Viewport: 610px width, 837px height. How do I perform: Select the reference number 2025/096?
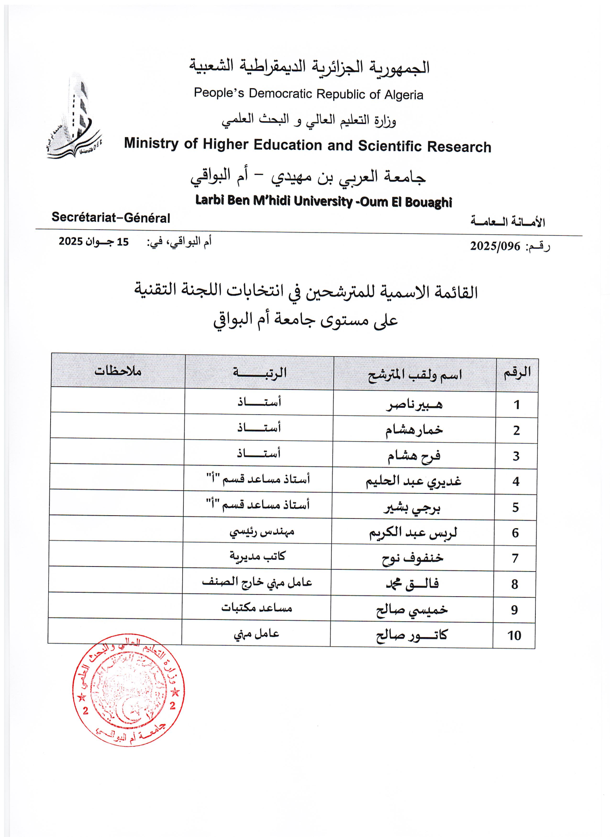[x=495, y=246]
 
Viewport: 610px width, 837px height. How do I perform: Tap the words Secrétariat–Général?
[x=111, y=217]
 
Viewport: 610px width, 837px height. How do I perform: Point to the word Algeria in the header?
[x=403, y=95]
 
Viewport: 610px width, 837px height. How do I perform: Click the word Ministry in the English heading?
[x=151, y=143]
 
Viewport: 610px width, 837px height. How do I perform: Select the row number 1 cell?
[x=516, y=405]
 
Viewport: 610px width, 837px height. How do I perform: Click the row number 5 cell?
[x=515, y=507]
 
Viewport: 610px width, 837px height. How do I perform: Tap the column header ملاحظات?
[x=118, y=370]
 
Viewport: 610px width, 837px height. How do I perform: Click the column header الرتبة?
[x=259, y=372]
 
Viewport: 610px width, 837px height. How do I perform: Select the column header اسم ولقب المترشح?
[x=414, y=374]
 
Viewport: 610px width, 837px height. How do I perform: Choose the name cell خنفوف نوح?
[x=412, y=558]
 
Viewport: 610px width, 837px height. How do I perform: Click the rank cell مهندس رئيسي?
[x=262, y=531]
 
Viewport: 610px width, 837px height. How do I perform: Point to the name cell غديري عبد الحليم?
[x=413, y=481]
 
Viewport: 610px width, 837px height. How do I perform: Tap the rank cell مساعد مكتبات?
[x=257, y=608]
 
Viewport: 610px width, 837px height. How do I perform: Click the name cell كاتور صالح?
[x=412, y=635]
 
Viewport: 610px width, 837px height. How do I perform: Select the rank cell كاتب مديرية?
[x=257, y=556]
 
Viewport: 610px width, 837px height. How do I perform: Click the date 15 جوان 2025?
[x=94, y=242]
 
